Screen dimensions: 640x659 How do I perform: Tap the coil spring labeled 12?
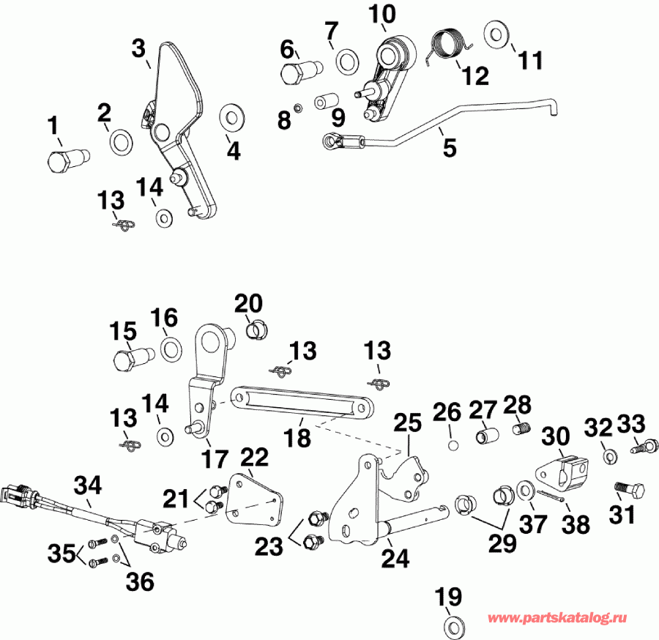tap(448, 45)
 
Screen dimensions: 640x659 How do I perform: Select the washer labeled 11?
tap(498, 34)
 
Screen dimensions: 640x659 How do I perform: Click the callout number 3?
tap(139, 50)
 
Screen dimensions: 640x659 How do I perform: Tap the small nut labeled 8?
tap(299, 108)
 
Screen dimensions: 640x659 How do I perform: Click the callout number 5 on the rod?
tap(449, 147)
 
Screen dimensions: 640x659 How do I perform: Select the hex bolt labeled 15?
tap(130, 359)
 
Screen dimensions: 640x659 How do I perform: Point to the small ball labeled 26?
tap(453, 444)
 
